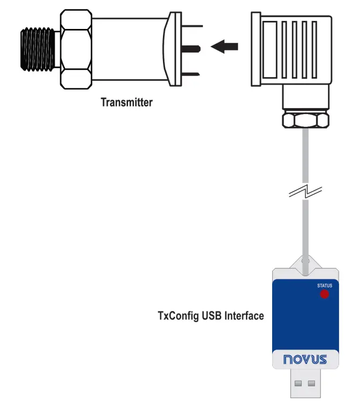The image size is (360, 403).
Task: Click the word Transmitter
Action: pyautogui.click(x=126, y=102)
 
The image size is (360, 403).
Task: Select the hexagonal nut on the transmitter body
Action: pyautogui.click(x=76, y=50)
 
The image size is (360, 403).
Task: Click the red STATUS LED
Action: pyautogui.click(x=324, y=294)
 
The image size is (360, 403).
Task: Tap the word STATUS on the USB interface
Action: pyautogui.click(x=324, y=286)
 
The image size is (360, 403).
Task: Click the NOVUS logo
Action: pyautogui.click(x=305, y=358)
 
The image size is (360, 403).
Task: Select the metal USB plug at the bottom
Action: pyautogui.click(x=305, y=384)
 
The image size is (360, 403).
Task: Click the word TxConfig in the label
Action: pyautogui.click(x=178, y=316)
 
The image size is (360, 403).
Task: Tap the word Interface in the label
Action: pyautogui.click(x=244, y=316)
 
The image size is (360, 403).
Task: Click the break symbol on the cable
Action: pyautogui.click(x=305, y=191)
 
